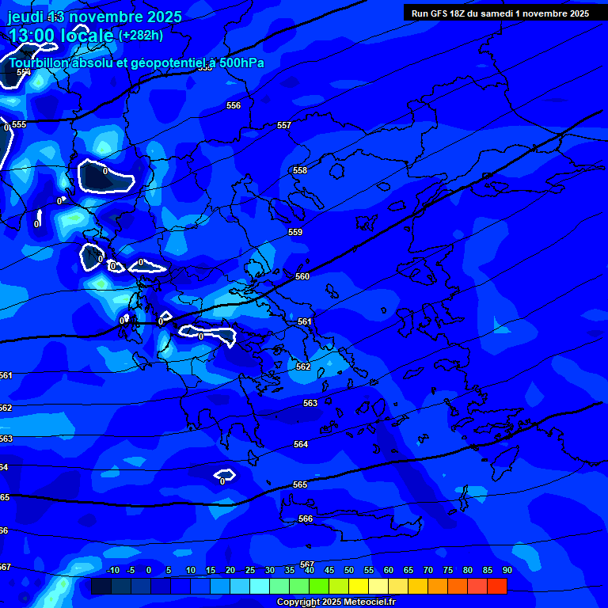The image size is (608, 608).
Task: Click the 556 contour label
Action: pyautogui.click(x=234, y=105)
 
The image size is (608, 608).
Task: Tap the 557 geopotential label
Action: pyautogui.click(x=284, y=125)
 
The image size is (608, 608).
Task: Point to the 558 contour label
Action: pyautogui.click(x=300, y=170)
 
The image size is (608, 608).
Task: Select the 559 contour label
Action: pyautogui.click(x=295, y=232)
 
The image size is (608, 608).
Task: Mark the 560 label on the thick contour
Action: pyautogui.click(x=302, y=276)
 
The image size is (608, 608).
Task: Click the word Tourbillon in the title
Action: pyautogui.click(x=39, y=63)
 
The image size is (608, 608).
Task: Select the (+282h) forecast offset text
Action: pyautogui.click(x=141, y=35)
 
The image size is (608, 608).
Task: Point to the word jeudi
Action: pyautogui.click(x=25, y=17)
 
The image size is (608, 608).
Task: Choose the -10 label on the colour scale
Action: pyautogui.click(x=112, y=570)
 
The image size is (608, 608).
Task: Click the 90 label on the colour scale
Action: pyautogui.click(x=507, y=570)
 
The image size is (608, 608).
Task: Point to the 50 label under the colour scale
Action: pyautogui.click(x=349, y=570)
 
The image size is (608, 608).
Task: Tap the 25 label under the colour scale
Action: pyautogui.click(x=250, y=570)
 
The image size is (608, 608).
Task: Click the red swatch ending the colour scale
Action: pyautogui.click(x=496, y=586)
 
